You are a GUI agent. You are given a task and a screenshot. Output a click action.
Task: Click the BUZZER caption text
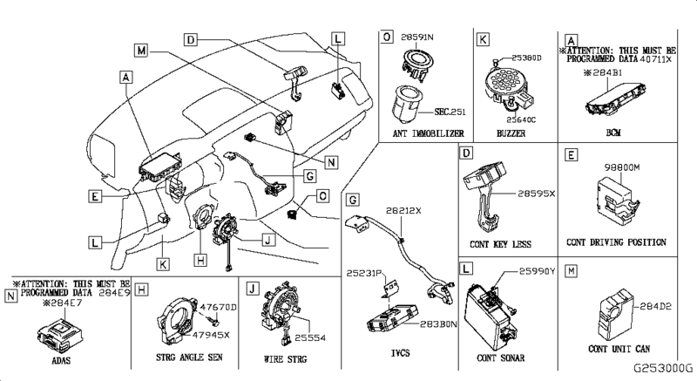511,133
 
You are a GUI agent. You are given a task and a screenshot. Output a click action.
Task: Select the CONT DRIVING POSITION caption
616,242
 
